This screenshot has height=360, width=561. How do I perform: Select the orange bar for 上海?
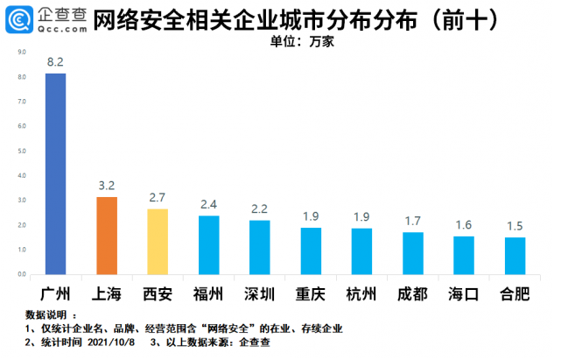click(107, 236)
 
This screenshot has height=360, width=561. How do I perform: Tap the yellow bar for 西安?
click(158, 242)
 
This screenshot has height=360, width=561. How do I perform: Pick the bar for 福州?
click(208, 245)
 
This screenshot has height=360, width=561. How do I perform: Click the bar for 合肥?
click(515, 256)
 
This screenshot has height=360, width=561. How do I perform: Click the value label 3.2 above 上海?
click(107, 187)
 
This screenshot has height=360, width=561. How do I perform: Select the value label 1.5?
click(515, 227)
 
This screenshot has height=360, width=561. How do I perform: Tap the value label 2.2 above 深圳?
click(260, 210)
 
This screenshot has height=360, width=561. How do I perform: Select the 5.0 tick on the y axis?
click(22, 152)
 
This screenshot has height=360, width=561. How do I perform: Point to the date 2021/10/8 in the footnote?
click(116, 343)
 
